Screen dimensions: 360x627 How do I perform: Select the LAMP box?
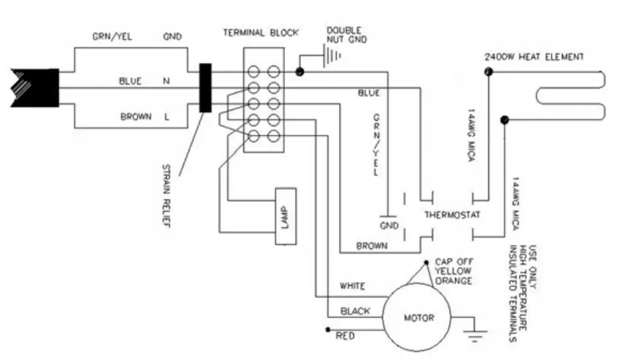285,216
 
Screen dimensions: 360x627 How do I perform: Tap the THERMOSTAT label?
452,215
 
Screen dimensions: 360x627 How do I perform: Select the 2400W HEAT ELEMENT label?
534,57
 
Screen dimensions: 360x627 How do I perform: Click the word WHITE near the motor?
352,286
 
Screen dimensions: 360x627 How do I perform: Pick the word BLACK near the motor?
355,310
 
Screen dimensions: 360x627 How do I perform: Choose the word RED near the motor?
345,335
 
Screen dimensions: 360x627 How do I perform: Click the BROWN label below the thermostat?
372,246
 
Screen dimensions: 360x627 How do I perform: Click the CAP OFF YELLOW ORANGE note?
452,271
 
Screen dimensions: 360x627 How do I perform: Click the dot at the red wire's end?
327,329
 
